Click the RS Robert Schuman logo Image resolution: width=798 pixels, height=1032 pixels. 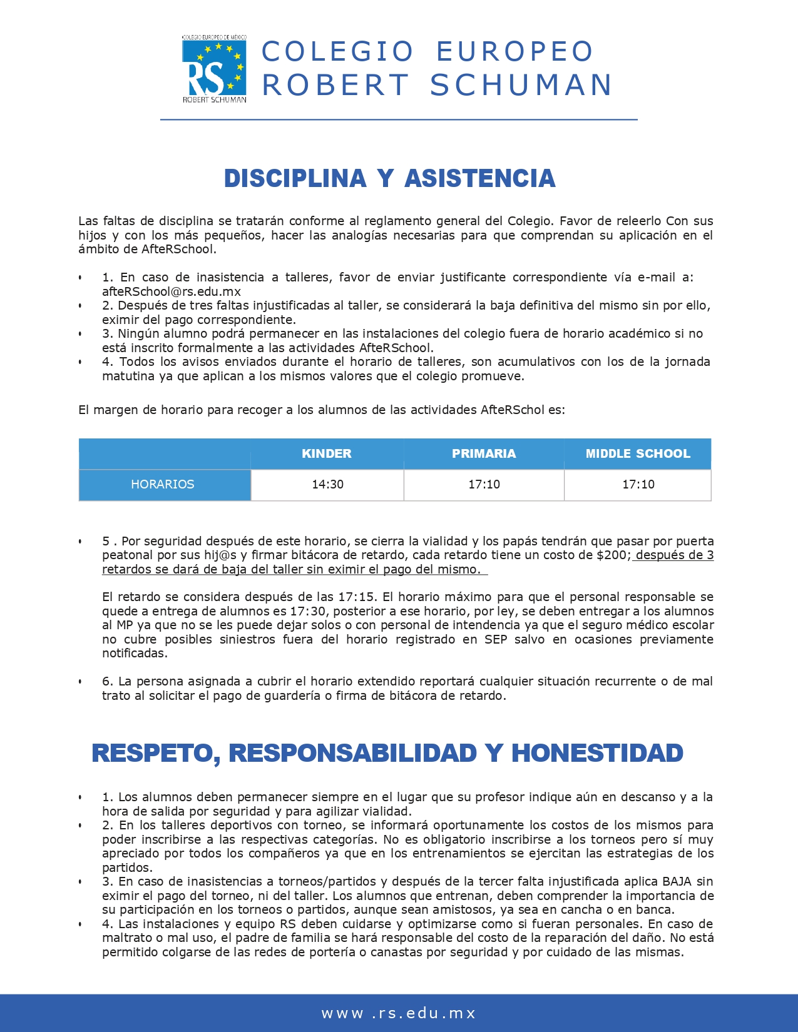(x=214, y=69)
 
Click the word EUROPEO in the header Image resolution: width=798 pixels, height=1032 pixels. (x=514, y=52)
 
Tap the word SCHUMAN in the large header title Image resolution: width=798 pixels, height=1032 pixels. (x=521, y=86)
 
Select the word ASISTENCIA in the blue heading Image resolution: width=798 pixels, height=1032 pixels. (x=480, y=179)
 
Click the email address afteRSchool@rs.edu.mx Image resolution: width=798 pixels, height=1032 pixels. (x=171, y=291)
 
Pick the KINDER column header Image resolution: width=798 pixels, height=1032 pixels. (x=327, y=454)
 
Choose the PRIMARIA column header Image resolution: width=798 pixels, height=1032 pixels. (x=484, y=454)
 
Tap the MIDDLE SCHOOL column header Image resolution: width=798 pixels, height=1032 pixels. (x=638, y=454)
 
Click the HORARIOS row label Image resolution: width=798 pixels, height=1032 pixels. (x=163, y=485)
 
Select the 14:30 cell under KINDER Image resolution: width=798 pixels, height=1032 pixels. (x=327, y=485)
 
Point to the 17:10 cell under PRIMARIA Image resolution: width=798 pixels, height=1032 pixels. (x=484, y=485)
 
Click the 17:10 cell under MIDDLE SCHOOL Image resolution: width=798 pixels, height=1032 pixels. (x=638, y=485)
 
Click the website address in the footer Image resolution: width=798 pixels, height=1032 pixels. (x=399, y=1013)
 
